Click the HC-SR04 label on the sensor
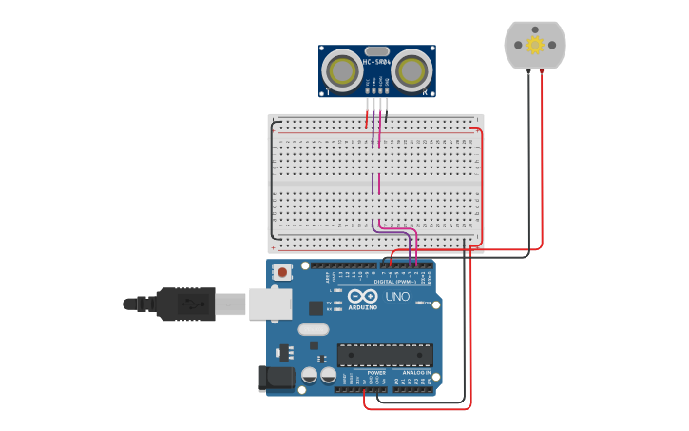point(376,63)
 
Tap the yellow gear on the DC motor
point(534,45)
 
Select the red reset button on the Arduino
point(282,273)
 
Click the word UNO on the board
point(397,297)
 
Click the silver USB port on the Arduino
point(270,304)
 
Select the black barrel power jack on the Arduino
point(277,378)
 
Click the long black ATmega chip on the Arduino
point(385,355)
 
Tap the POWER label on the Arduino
point(363,373)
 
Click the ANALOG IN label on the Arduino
point(414,373)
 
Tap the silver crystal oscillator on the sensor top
point(377,51)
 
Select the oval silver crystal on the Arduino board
point(313,329)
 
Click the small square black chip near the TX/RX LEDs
point(316,307)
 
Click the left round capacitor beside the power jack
point(310,376)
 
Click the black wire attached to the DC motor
point(528,162)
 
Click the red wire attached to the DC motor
point(542,162)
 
